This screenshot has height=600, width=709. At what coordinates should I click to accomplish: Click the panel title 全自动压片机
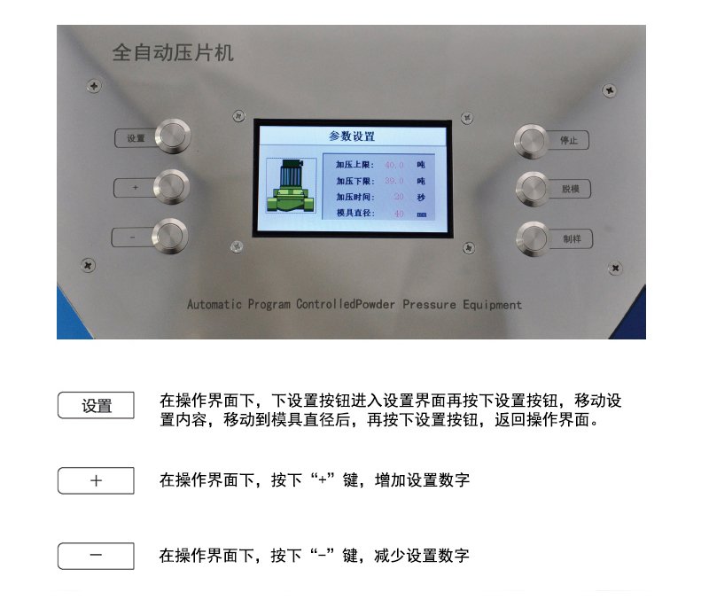[x=173, y=53]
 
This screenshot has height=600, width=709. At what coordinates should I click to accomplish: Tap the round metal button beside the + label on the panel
[x=171, y=187]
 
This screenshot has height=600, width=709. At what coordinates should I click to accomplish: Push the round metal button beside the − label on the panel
[x=170, y=237]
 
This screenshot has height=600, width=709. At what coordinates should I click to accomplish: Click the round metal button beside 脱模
[x=534, y=189]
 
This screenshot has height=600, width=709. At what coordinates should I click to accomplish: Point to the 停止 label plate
[x=570, y=140]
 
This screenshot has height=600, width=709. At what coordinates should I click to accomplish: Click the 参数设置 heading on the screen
[x=352, y=136]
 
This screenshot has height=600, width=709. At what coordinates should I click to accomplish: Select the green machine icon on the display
[x=292, y=187]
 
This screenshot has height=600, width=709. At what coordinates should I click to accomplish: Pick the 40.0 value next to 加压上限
[x=394, y=165]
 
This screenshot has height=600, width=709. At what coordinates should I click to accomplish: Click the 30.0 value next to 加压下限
[x=394, y=181]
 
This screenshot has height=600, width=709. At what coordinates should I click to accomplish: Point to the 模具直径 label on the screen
[x=355, y=214]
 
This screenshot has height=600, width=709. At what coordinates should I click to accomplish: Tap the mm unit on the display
[x=422, y=214]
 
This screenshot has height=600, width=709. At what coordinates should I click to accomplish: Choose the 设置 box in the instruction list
[x=96, y=406]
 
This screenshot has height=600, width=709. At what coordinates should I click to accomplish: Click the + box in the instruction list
[x=96, y=480]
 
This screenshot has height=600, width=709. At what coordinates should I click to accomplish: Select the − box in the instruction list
[x=96, y=556]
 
